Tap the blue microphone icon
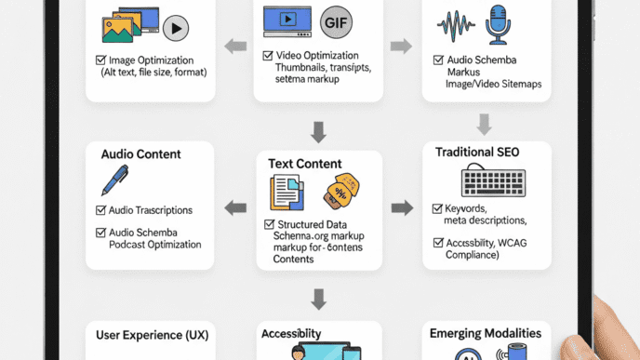pyautogui.click(x=498, y=25)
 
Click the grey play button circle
pyautogui.click(x=175, y=30)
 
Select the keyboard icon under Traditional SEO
pyautogui.click(x=493, y=180)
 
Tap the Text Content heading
pyautogui.click(x=305, y=164)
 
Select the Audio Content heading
pyautogui.click(x=140, y=153)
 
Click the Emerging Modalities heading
pyautogui.click(x=485, y=333)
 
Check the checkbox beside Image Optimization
pyautogui.click(x=100, y=60)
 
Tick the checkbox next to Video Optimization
pyautogui.click(x=268, y=55)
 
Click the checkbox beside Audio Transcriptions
pyautogui.click(x=100, y=211)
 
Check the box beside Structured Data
pyautogui.click(x=269, y=225)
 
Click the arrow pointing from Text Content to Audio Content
pyautogui.click(x=235, y=208)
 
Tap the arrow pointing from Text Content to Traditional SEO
pyautogui.click(x=402, y=207)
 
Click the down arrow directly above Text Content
pyautogui.click(x=318, y=131)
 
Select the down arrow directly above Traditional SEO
pyautogui.click(x=485, y=124)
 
